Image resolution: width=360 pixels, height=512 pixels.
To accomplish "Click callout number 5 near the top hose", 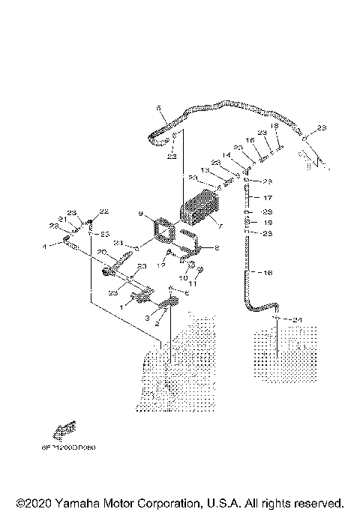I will click(x=158, y=109).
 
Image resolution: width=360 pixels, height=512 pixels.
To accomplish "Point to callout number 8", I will click(x=217, y=247).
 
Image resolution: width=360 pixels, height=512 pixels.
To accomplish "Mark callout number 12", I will click(x=160, y=265).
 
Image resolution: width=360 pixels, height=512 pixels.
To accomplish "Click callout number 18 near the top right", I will click(x=274, y=127).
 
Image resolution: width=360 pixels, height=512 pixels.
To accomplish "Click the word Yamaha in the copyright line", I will click(x=75, y=502).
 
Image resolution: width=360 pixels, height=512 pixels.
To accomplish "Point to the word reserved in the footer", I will click(x=318, y=502).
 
